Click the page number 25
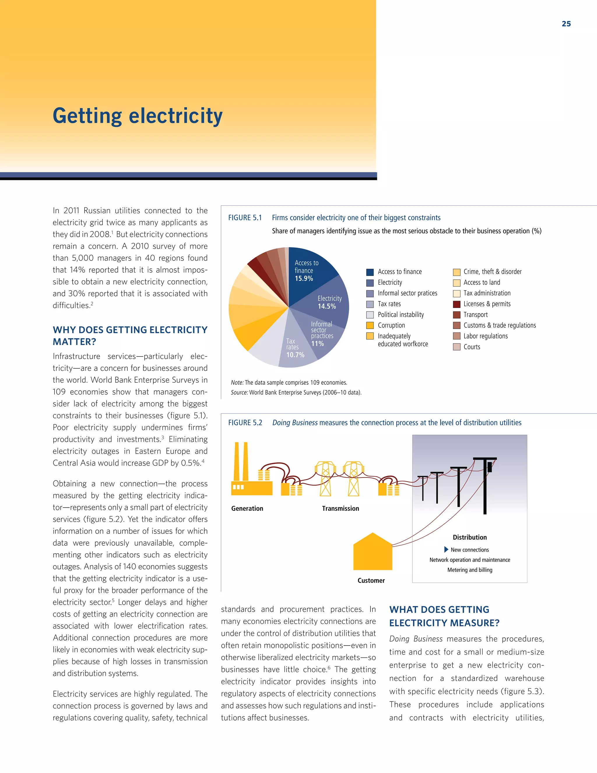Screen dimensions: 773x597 tap(566, 24)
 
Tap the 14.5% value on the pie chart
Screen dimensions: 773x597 tap(326, 306)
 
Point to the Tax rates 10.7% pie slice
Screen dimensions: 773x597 tap(296, 350)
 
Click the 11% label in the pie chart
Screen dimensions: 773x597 tap(317, 344)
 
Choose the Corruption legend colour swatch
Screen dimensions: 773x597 tap(370, 325)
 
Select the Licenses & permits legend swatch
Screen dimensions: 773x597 tap(456, 304)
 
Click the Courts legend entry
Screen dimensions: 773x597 tap(471, 347)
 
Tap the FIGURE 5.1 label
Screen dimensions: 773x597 tap(245, 218)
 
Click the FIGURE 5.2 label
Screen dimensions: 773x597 tap(245, 423)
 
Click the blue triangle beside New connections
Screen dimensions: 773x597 tap(446, 549)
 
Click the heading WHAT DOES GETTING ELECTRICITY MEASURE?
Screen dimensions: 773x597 tap(444, 616)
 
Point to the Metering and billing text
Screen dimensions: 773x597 tap(470, 570)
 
